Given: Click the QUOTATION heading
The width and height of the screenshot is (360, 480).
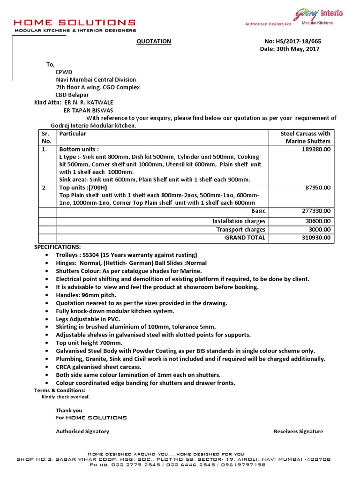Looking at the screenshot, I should [x=154, y=41].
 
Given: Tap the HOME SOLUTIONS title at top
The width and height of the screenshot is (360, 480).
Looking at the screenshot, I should [x=75, y=22].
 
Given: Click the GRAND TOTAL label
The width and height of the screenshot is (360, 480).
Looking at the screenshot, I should [x=245, y=238].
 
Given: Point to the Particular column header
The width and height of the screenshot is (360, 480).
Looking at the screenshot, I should [x=73, y=134].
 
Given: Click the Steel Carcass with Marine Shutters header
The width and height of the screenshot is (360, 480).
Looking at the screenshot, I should [x=305, y=137].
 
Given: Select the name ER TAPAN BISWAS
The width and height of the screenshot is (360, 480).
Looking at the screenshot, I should [x=89, y=110].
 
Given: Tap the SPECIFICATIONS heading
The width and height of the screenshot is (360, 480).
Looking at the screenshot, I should [x=57, y=247].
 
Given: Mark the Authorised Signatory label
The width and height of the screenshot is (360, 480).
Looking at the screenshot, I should [x=82, y=431].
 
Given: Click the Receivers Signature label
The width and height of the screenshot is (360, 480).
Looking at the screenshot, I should [x=298, y=431].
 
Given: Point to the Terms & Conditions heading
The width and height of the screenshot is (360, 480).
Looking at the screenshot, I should [x=60, y=390].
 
